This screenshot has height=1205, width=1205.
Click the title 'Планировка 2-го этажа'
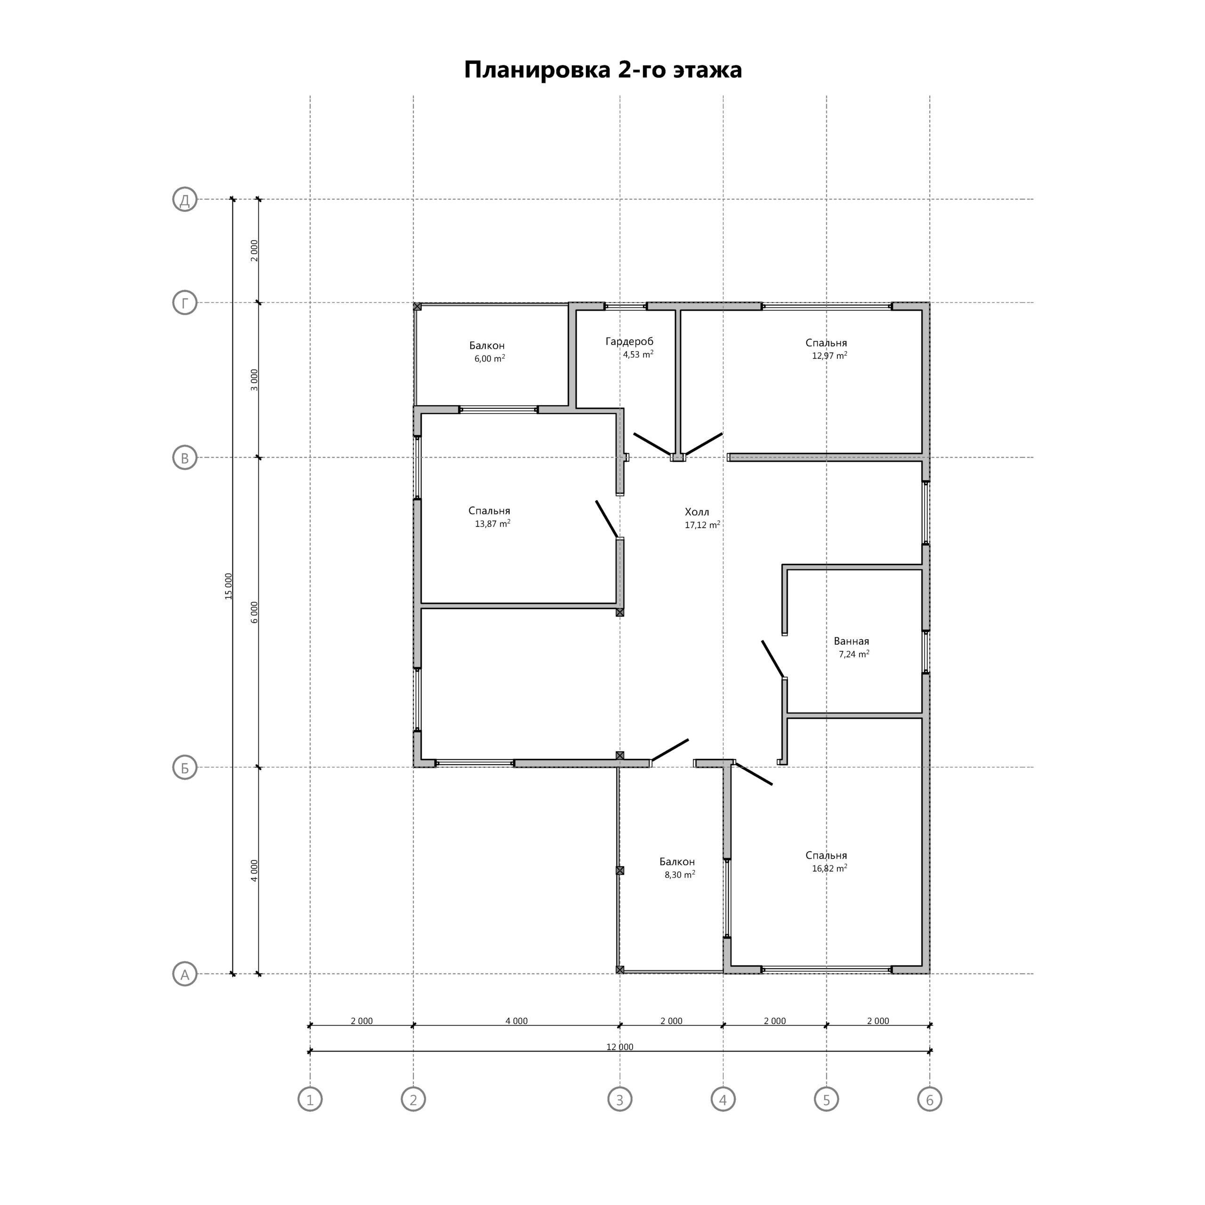[602, 70]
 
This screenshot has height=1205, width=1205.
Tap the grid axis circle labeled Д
[185, 200]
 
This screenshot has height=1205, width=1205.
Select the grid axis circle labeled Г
[185, 303]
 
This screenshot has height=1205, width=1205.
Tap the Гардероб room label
[629, 342]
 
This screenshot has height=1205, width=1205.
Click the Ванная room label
[852, 641]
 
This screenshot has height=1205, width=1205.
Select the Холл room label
[697, 512]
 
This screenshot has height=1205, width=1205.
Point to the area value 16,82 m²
[829, 868]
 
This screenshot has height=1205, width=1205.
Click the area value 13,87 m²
[493, 524]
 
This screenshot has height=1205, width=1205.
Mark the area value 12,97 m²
[829, 355]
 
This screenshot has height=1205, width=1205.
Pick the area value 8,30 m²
[680, 875]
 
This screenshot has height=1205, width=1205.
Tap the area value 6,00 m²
[490, 359]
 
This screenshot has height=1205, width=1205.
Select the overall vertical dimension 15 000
[228, 586]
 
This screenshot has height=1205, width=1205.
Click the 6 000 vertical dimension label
[254, 612]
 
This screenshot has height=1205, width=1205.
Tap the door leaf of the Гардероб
[652, 443]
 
